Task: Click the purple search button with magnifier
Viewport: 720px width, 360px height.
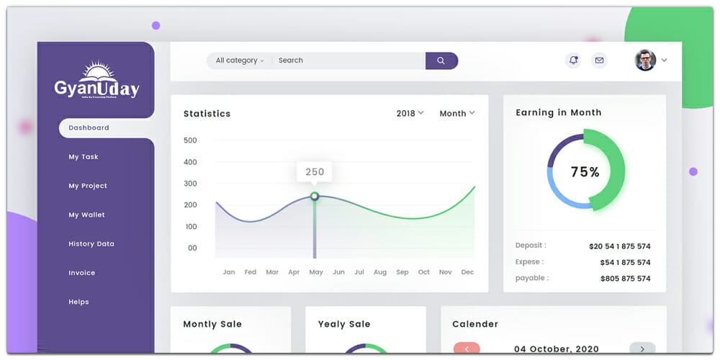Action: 441,60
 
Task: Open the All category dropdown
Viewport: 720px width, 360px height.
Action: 240,60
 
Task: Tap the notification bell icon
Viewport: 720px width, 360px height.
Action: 573,60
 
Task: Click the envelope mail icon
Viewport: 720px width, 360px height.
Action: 599,60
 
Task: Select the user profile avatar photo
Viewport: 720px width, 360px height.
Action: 645,60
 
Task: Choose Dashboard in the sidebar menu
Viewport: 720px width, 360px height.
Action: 89,128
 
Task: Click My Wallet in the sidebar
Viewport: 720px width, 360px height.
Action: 86,215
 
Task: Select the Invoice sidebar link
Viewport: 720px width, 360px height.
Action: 82,273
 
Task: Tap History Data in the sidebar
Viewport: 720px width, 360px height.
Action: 91,244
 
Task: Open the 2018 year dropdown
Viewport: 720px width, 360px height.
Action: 410,113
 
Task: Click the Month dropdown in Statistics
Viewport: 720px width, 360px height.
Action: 457,113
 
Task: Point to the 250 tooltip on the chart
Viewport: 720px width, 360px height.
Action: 315,172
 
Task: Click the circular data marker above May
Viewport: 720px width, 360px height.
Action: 315,196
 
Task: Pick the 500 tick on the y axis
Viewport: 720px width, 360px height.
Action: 190,140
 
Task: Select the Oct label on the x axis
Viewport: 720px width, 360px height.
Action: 424,272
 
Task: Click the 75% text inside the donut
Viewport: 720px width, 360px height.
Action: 585,172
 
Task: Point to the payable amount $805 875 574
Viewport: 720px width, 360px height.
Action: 625,279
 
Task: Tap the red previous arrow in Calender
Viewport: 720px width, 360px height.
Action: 467,348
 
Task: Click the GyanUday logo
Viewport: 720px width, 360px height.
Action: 96,81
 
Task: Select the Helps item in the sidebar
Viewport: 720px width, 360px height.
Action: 78,302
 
